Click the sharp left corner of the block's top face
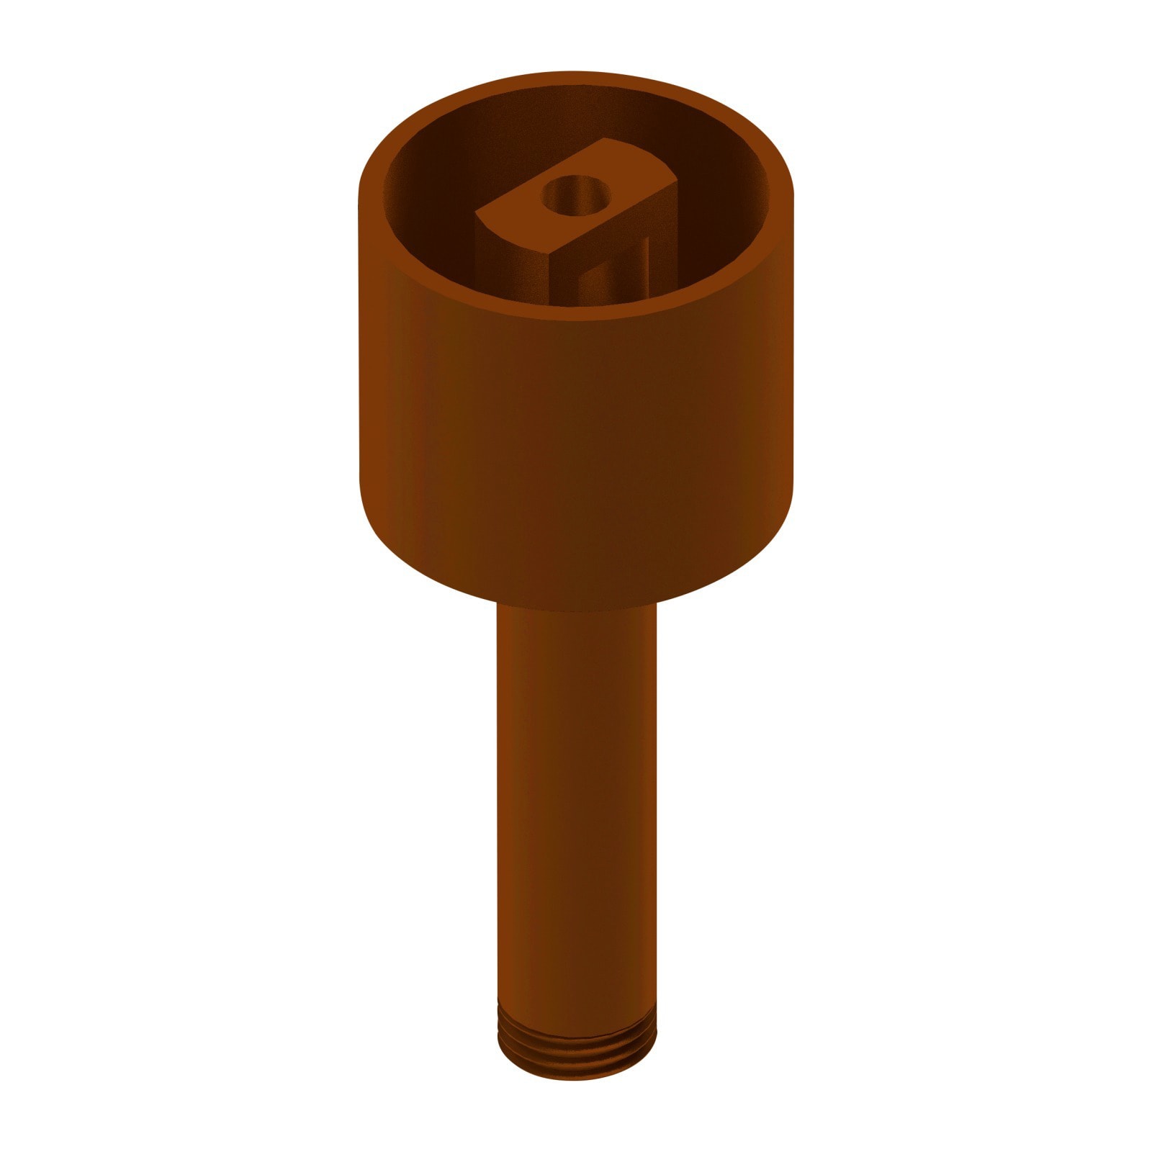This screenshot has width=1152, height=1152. click(x=478, y=213)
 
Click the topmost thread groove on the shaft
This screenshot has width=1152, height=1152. click(x=577, y=1022)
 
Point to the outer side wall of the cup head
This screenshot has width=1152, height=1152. click(x=576, y=446)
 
